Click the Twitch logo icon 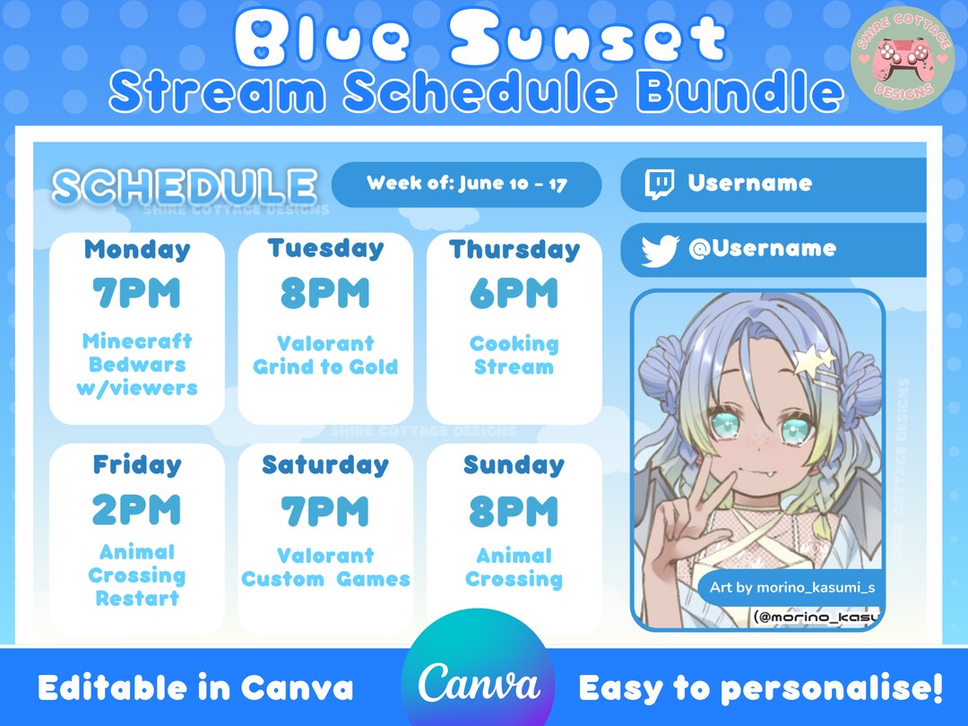tap(659, 184)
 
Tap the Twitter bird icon tap(660, 252)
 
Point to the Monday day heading tap(137, 249)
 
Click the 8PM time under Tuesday tap(325, 294)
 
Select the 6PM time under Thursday tap(514, 294)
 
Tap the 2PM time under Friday tap(136, 510)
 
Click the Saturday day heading tap(325, 465)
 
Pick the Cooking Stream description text tap(514, 355)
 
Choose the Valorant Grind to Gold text tap(325, 355)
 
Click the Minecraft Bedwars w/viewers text tap(137, 365)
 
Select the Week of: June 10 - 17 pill tap(466, 185)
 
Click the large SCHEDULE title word tap(185, 186)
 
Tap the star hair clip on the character tap(814, 360)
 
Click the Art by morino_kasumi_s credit tap(791, 588)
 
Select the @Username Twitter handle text tap(762, 248)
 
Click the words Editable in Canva tap(195, 688)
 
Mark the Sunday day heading tap(514, 465)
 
